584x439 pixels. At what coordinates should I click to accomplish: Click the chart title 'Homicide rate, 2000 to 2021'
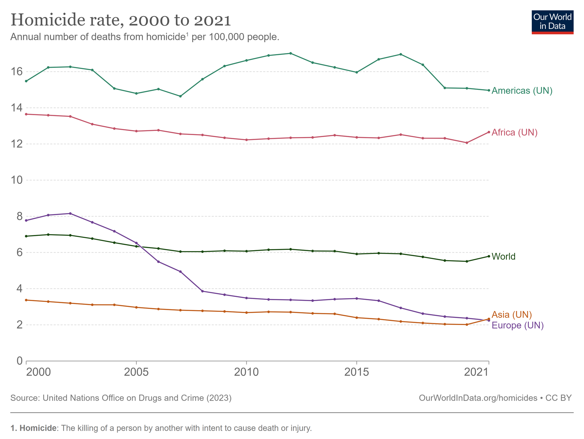pos(121,20)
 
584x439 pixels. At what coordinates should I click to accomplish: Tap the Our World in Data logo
pos(552,22)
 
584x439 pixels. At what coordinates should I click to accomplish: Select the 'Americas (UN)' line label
pos(522,91)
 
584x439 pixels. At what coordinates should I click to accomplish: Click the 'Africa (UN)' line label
pos(514,133)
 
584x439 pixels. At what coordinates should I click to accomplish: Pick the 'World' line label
pos(503,257)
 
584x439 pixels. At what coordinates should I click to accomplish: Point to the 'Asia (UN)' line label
pos(512,315)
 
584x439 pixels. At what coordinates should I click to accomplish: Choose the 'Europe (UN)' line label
pos(517,326)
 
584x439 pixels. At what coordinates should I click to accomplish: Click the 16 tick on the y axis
pos(17,72)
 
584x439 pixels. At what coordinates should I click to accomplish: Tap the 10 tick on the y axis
pos(17,180)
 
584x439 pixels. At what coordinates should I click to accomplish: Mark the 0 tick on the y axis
pos(20,361)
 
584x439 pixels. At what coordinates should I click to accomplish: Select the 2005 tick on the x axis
pos(136,372)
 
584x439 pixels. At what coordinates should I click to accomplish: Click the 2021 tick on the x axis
pos(476,372)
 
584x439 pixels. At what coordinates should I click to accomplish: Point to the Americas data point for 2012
pos(290,53)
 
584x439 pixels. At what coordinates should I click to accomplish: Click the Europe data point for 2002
pos(70,214)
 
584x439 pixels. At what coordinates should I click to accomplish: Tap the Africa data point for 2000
pos(26,114)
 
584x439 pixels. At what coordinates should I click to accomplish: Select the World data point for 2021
pos(489,256)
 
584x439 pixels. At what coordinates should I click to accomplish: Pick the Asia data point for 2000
pos(26,300)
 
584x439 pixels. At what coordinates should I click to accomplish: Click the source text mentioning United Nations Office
pos(121,398)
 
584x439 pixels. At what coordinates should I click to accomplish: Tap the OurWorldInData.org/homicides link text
pos(478,398)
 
